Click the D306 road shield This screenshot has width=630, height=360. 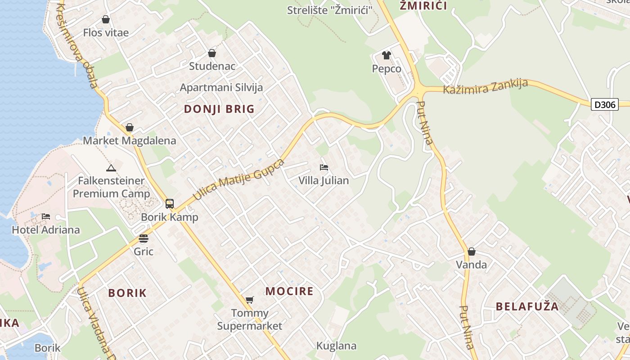point(604,104)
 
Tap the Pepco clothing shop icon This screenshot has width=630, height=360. point(387,55)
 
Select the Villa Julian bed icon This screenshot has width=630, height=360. point(324,167)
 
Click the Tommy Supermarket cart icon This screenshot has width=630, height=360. point(249,300)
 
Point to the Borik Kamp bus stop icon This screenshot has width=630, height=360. point(169,203)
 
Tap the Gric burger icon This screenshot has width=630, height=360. point(144,238)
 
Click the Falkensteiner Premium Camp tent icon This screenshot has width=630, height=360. point(111,168)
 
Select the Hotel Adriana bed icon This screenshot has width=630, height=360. point(46,216)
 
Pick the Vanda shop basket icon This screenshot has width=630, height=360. point(471,252)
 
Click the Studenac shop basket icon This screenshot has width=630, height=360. point(212,53)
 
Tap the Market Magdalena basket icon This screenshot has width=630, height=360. point(130,127)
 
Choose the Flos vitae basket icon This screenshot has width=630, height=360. point(106,19)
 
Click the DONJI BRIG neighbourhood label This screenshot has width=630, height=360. point(219,109)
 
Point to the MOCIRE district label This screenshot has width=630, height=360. point(289,291)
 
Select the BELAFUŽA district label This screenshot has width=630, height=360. point(527,307)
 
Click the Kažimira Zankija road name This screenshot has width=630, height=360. point(485,86)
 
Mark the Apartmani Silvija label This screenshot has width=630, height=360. point(221,87)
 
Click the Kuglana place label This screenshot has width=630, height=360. point(336,346)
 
